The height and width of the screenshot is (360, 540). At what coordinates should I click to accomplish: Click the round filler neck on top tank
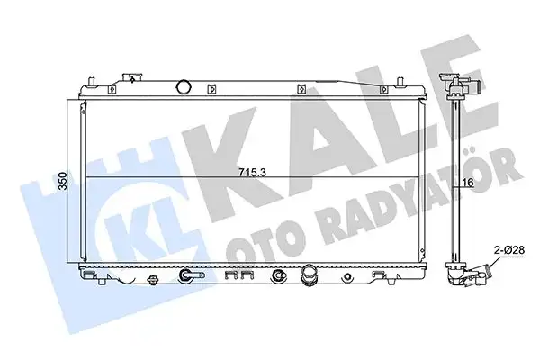pos(185,87)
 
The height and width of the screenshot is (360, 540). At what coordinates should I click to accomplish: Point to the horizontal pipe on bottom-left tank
pos(192,275)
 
